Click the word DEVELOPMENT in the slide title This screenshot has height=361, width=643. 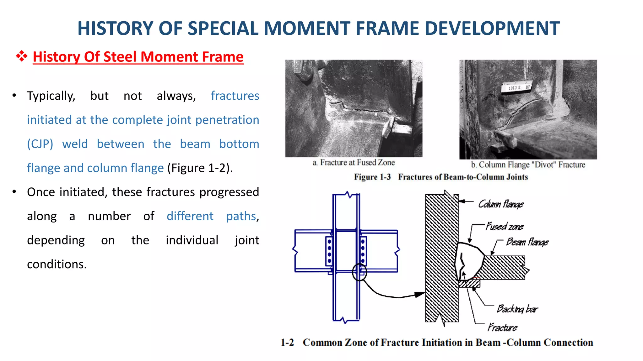pos(492,28)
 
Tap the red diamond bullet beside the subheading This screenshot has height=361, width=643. pos(21,56)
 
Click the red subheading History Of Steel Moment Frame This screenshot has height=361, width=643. pos(138,57)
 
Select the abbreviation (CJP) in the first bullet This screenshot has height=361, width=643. pos(40,144)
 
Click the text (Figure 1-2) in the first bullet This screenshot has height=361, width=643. pos(200,168)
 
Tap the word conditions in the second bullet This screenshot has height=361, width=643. pos(57,264)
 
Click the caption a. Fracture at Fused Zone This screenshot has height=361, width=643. pos(354,162)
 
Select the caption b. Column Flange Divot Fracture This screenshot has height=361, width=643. pos(528,165)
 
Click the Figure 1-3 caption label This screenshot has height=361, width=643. pos(372,177)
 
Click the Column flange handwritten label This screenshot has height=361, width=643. pos(501,204)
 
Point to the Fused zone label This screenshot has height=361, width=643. pos(505,226)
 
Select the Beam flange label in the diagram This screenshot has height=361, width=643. pos(527,242)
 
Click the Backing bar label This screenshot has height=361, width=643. pos(517,309)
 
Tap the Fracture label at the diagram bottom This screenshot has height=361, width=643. pos(502,327)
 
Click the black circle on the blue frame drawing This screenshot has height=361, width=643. pos(359,272)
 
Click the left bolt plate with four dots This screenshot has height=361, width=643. pos(329,250)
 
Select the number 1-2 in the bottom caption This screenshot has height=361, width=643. pos(287,342)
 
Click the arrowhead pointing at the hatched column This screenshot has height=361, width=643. pos(420,294)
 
